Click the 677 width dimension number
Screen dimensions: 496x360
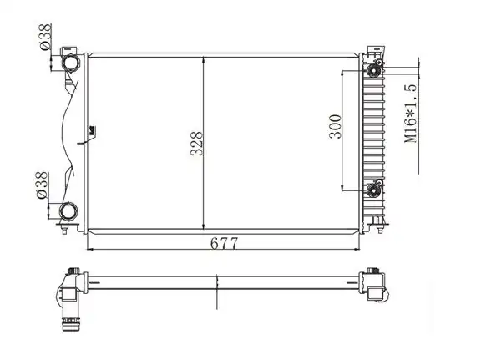tap(224, 243)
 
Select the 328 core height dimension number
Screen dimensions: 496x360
tap(196, 144)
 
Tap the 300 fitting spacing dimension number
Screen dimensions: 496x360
tap(336, 126)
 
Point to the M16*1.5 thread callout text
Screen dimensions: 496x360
tap(411, 114)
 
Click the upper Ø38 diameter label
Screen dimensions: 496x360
tap(45, 37)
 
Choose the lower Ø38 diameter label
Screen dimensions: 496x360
tap(42, 185)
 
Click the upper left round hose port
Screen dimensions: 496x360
tap(70, 63)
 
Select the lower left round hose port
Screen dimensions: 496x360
tap(68, 211)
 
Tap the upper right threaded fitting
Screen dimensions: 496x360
tap(374, 70)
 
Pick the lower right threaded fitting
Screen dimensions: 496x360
tap(373, 190)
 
